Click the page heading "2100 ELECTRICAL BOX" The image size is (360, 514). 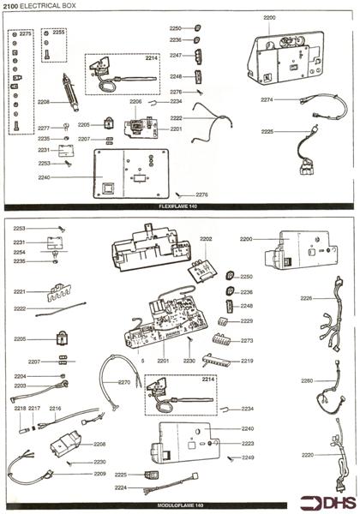pyautogui.click(x=35, y=7)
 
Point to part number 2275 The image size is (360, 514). pyautogui.click(x=26, y=33)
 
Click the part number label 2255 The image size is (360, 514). pyautogui.click(x=58, y=32)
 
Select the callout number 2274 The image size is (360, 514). pyautogui.click(x=267, y=99)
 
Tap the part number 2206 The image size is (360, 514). pyautogui.click(x=135, y=101)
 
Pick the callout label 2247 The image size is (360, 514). pyautogui.click(x=176, y=54)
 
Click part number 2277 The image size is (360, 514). pyautogui.click(x=44, y=128)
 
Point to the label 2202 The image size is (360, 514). pyautogui.click(x=205, y=238)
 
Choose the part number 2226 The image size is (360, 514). pyautogui.click(x=306, y=297)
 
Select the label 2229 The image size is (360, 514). pyautogui.click(x=247, y=320)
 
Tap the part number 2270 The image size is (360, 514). pyautogui.click(x=124, y=382)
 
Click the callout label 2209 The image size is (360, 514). pyautogui.click(x=100, y=474)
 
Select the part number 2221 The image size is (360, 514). pyautogui.click(x=20, y=291)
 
